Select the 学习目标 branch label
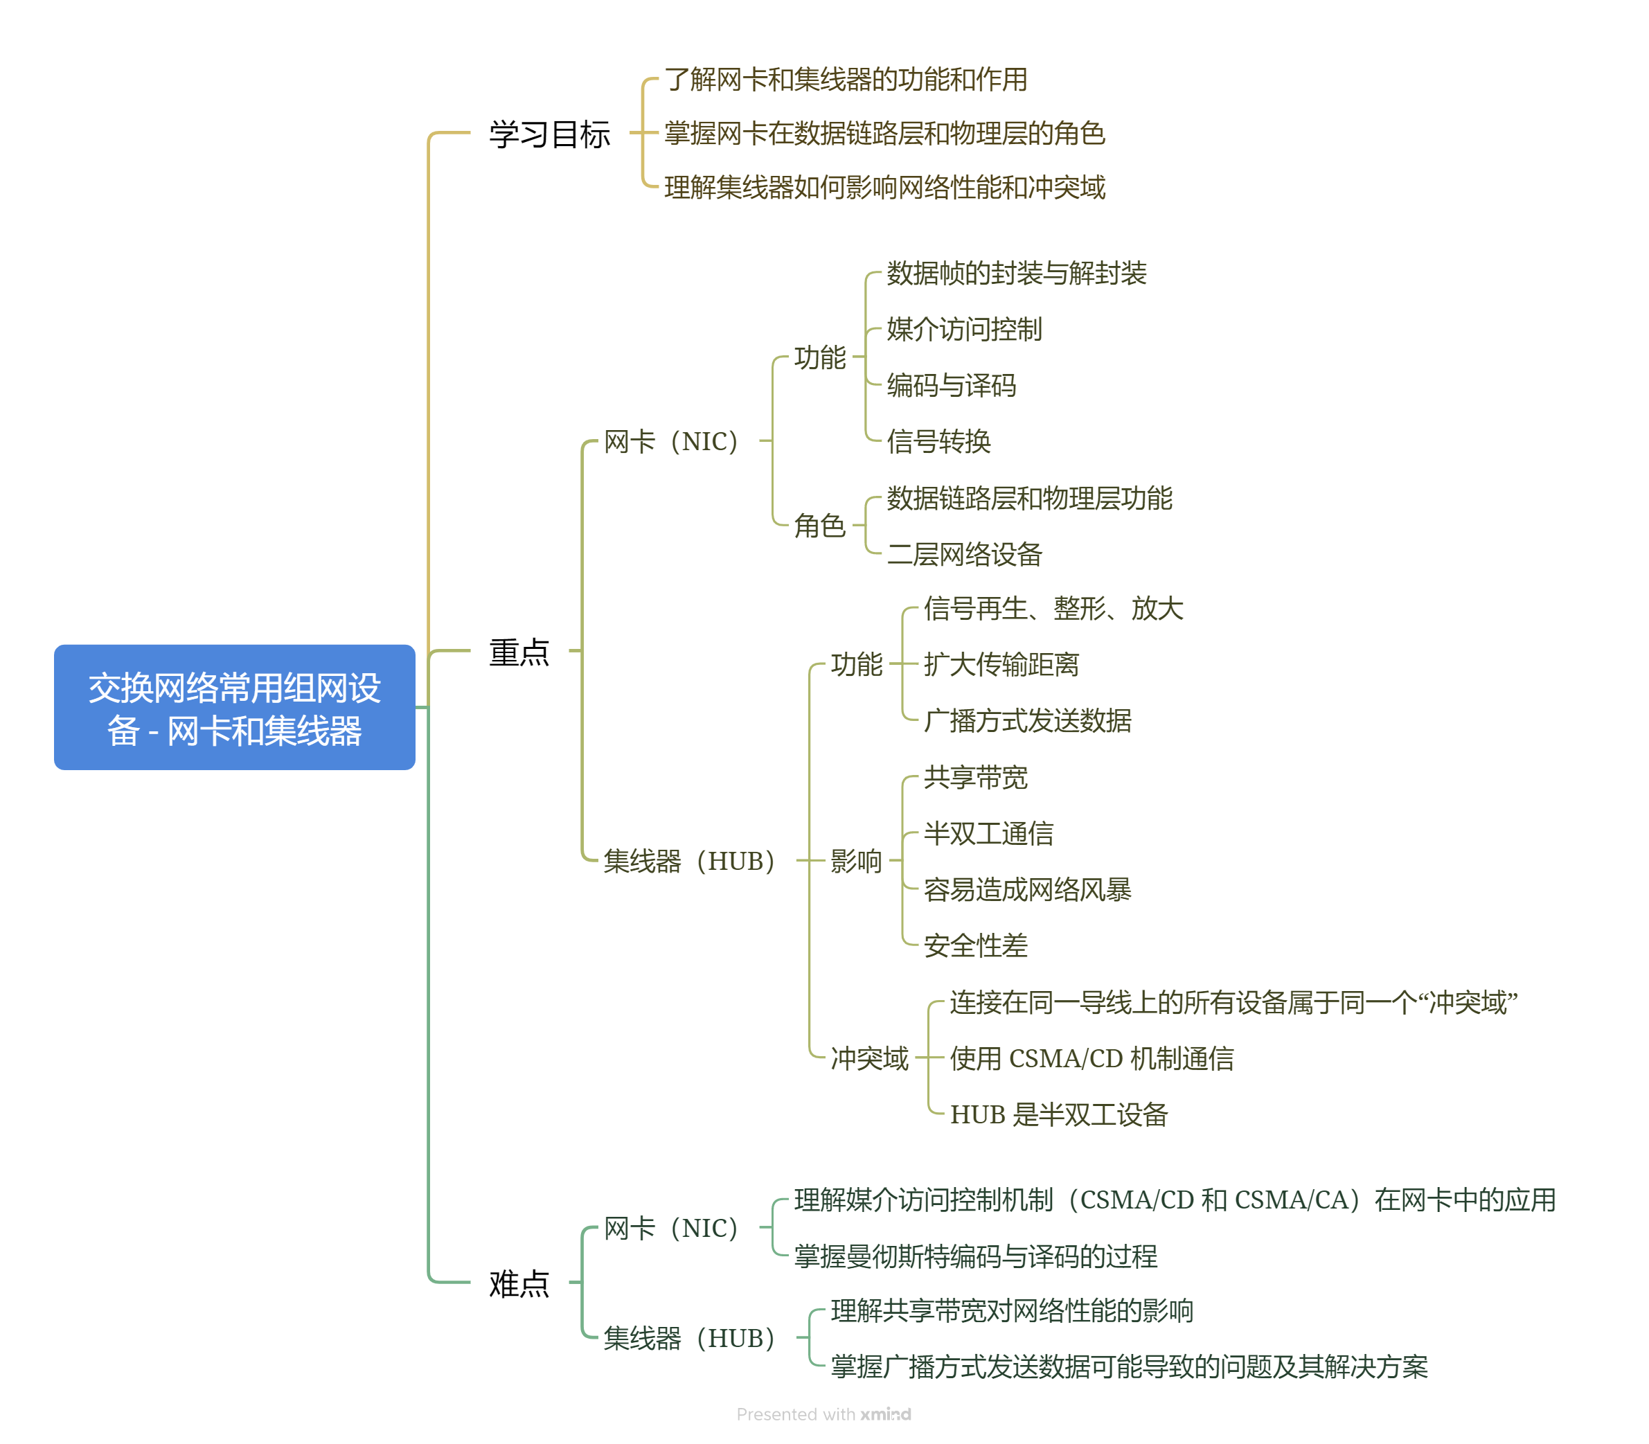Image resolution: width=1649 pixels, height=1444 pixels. click(549, 134)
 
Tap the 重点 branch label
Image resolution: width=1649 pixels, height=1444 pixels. click(518, 651)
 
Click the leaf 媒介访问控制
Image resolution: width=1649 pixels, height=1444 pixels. click(964, 329)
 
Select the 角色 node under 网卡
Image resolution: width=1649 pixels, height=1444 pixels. click(819, 526)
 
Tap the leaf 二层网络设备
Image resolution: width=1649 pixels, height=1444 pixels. click(964, 553)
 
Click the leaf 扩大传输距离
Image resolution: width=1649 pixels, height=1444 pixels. click(1001, 664)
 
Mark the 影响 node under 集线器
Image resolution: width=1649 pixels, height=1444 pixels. click(856, 861)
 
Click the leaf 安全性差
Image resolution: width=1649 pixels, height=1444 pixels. click(975, 945)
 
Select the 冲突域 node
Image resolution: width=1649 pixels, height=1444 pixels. click(869, 1058)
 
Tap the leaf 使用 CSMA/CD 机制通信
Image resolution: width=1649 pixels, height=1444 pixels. click(1091, 1058)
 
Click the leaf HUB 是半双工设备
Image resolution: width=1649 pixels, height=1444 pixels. click(1058, 1114)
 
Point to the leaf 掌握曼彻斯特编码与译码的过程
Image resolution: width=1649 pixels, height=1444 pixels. click(975, 1256)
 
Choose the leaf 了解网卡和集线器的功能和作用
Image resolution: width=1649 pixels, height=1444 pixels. click(846, 79)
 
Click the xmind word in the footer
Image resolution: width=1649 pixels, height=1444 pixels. click(885, 1414)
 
